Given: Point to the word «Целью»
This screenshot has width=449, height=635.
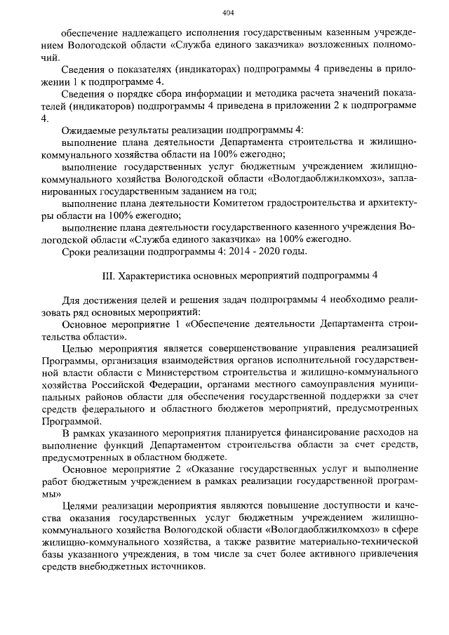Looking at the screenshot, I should (x=77, y=349).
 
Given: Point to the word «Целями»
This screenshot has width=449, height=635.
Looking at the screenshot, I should (x=80, y=506).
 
